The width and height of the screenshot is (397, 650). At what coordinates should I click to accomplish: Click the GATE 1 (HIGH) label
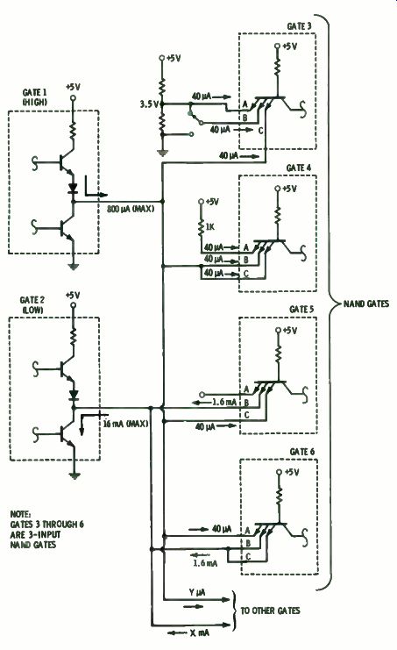(x=35, y=96)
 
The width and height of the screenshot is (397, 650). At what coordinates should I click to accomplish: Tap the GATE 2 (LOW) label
(x=32, y=304)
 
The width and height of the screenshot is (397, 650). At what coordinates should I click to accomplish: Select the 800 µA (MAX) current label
(x=131, y=209)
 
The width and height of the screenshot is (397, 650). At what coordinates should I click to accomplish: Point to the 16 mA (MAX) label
(x=125, y=424)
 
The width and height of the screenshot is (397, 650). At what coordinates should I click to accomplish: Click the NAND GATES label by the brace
(x=366, y=304)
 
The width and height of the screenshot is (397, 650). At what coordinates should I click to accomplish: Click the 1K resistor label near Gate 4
(x=209, y=226)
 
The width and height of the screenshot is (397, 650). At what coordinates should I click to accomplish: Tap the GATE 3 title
(x=299, y=26)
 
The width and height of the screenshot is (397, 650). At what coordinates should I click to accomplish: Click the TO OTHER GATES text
(x=270, y=611)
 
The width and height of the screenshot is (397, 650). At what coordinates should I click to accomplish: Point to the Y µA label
(x=196, y=593)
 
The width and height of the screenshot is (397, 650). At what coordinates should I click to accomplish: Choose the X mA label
(x=200, y=633)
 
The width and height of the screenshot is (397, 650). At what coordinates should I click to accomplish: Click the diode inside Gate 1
(x=74, y=189)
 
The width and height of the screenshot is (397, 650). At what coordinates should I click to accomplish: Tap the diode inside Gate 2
(x=74, y=396)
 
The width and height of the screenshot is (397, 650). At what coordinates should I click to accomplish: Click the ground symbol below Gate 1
(x=74, y=267)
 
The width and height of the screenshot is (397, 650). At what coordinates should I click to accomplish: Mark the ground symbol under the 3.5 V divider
(x=163, y=154)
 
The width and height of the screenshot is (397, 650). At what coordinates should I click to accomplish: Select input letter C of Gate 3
(x=260, y=131)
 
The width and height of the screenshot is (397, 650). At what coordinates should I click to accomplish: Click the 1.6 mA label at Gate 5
(x=224, y=402)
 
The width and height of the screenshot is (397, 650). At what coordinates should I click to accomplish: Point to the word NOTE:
(x=21, y=514)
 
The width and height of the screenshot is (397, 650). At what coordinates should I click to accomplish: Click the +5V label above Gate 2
(x=73, y=295)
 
